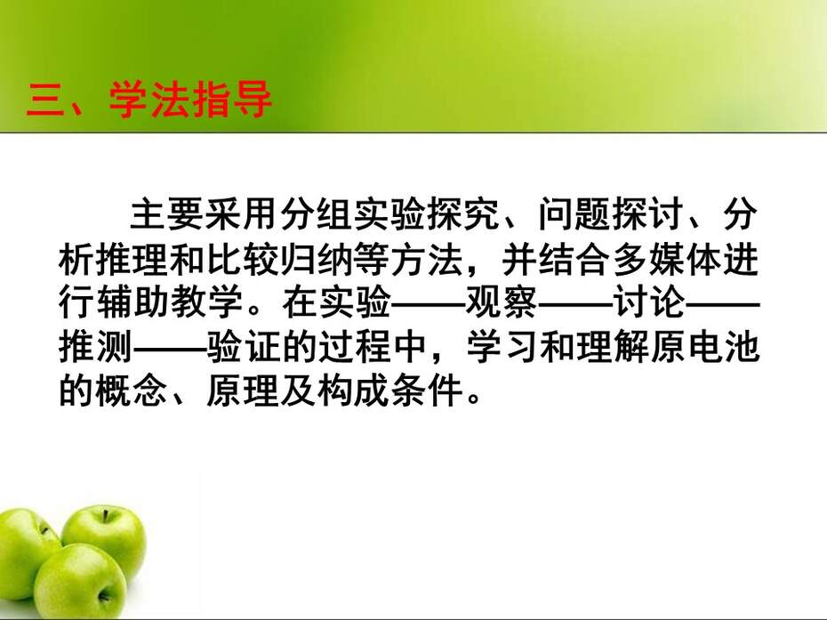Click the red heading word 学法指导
[x=190, y=100]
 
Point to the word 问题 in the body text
[x=574, y=214]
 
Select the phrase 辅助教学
[x=169, y=302]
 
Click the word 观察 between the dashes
[x=501, y=302]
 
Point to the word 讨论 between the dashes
[x=649, y=302]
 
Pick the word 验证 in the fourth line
[x=243, y=347]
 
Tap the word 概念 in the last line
[x=132, y=391]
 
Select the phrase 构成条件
[x=389, y=391]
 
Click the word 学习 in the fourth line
[x=501, y=347]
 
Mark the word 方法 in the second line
[x=427, y=259]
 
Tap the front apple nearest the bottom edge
[x=80, y=582]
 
